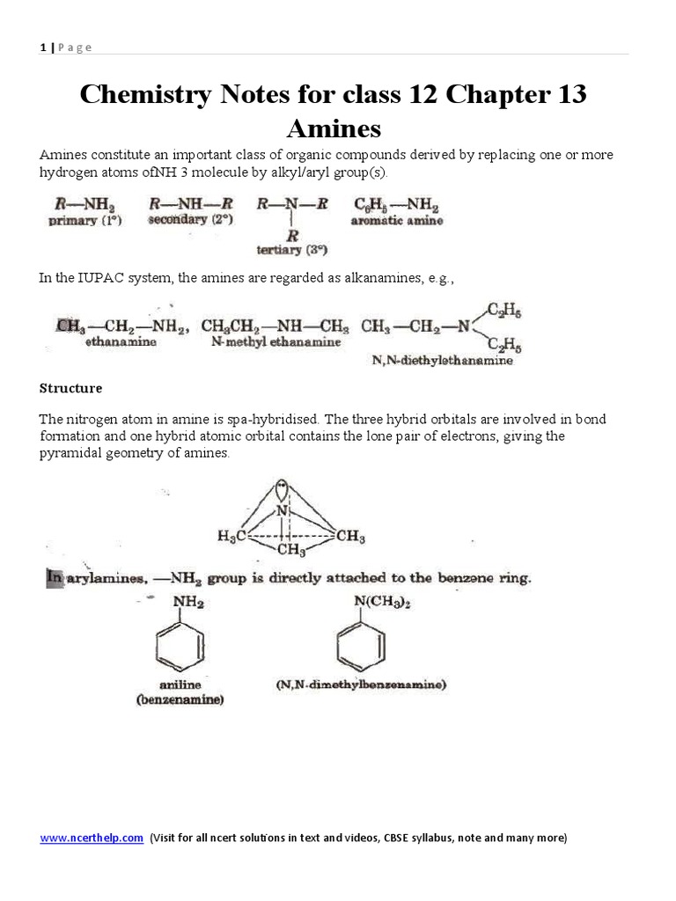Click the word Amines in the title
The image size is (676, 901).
tap(334, 128)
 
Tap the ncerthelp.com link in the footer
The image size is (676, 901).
tap(92, 838)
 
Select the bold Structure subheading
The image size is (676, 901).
tap(70, 387)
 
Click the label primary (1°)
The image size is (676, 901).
tap(85, 221)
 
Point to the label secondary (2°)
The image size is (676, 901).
tap(190, 220)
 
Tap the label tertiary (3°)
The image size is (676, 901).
tap(292, 250)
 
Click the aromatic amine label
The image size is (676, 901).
tap(397, 221)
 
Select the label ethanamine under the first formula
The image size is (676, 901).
tap(121, 342)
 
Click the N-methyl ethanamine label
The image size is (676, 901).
tap(276, 342)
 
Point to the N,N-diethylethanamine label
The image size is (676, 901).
tap(437, 361)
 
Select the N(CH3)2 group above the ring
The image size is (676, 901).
tap(372, 602)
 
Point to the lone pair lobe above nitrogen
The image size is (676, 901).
tap(282, 487)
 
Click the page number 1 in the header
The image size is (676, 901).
tap(42, 47)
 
